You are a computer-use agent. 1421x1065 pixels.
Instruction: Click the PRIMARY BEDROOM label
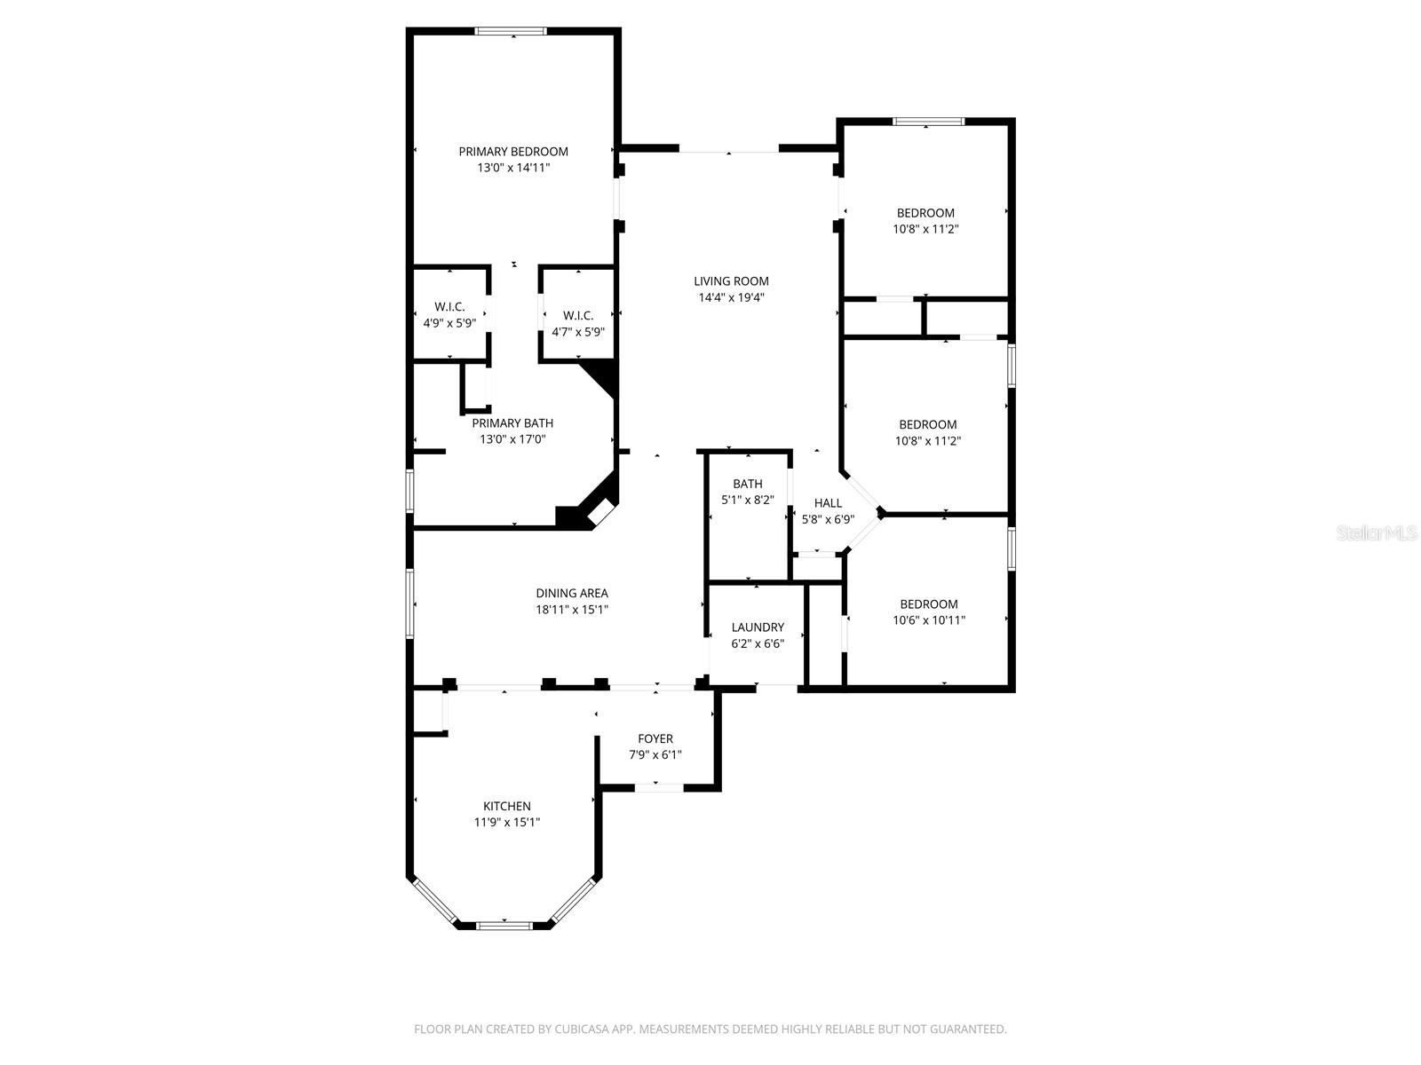pyautogui.click(x=513, y=152)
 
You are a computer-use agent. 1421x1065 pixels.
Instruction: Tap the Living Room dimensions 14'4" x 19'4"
pyautogui.click(x=731, y=297)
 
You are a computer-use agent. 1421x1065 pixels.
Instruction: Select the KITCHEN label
pyautogui.click(x=506, y=806)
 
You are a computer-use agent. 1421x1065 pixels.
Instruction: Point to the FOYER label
pyautogui.click(x=655, y=738)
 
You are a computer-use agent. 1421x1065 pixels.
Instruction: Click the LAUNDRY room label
pyautogui.click(x=758, y=627)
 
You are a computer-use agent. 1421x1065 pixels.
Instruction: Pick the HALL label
pyautogui.click(x=828, y=503)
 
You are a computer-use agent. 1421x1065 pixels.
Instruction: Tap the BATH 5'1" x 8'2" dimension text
pyautogui.click(x=748, y=500)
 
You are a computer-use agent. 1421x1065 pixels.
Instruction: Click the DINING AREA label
pyautogui.click(x=572, y=593)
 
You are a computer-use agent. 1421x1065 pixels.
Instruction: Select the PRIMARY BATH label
pyautogui.click(x=512, y=423)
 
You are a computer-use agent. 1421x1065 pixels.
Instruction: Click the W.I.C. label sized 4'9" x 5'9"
pyautogui.click(x=449, y=307)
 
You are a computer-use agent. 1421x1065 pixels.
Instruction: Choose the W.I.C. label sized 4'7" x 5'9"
pyautogui.click(x=578, y=316)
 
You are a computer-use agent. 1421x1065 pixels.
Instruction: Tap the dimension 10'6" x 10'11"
pyautogui.click(x=929, y=620)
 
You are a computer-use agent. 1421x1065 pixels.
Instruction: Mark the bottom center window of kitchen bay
pyautogui.click(x=504, y=926)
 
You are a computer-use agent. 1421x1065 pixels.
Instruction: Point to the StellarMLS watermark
pyautogui.click(x=1377, y=532)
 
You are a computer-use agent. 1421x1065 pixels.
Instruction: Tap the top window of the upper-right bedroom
pyautogui.click(x=928, y=122)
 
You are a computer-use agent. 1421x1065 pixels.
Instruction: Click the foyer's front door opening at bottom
pyautogui.click(x=658, y=786)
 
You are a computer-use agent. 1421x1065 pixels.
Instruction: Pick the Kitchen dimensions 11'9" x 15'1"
pyautogui.click(x=506, y=822)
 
